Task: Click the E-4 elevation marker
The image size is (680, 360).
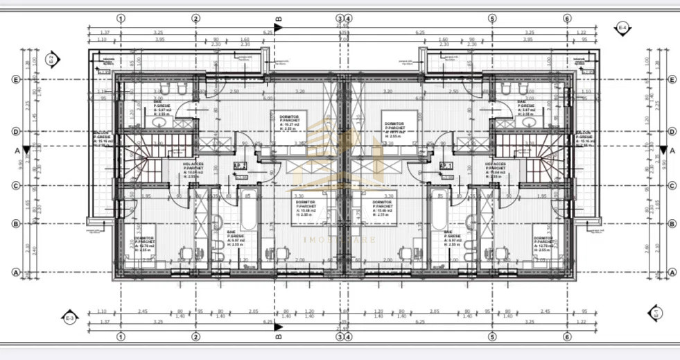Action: tap(622, 27)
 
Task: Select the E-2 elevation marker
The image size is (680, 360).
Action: tap(50, 58)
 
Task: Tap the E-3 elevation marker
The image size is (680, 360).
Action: tap(69, 318)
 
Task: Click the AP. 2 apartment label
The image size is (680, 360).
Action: tap(241, 166)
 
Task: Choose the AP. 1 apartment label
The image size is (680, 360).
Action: tap(446, 166)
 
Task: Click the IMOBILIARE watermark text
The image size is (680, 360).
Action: tap(340, 240)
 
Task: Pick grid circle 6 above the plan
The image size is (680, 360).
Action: tap(567, 19)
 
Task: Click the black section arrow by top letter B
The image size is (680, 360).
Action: tap(278, 28)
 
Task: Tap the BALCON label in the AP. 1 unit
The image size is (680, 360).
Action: tap(584, 137)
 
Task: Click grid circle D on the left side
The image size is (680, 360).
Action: tap(15, 130)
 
